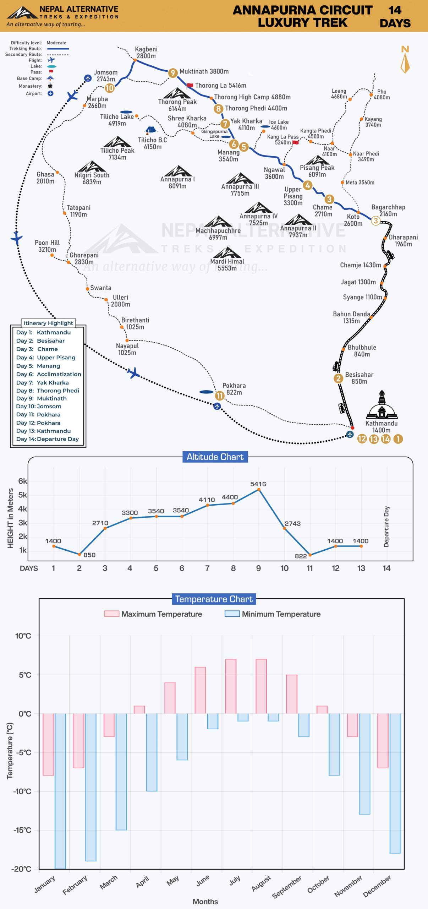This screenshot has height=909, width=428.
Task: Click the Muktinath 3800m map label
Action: tap(204, 71)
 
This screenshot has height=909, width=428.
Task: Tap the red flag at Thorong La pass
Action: tap(190, 86)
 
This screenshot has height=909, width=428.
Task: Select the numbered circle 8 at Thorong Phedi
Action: tap(218, 109)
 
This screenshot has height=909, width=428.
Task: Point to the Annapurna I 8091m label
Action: tap(177, 183)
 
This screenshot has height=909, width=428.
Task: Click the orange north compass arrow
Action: tap(405, 63)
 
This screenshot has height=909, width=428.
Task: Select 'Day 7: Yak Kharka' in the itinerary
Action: tap(43, 382)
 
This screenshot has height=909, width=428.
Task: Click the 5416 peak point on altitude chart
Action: tap(259, 489)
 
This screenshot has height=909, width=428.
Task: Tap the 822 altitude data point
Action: tap(310, 555)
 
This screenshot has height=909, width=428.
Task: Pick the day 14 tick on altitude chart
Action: tap(386, 568)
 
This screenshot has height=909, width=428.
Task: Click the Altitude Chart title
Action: tap(215, 457)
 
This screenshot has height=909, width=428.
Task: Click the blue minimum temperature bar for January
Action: tap(60, 791)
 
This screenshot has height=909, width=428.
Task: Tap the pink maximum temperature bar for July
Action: tap(231, 686)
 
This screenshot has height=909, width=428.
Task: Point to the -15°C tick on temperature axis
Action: tap(22, 830)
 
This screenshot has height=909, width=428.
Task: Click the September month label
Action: tap(287, 887)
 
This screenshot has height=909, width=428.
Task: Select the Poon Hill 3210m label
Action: tap(47, 246)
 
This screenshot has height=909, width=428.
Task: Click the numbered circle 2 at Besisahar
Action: tap(338, 379)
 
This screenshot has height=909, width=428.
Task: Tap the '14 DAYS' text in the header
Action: tap(395, 16)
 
